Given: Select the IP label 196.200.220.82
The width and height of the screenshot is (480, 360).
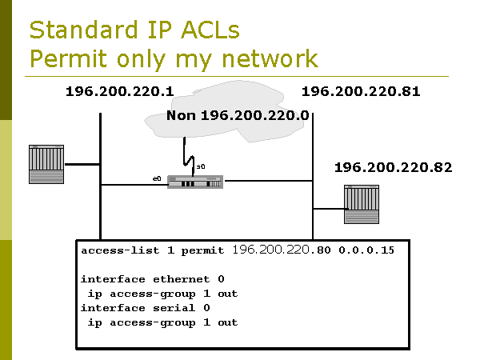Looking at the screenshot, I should click(x=393, y=167).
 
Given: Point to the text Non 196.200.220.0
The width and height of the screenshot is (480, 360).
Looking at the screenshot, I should click(x=238, y=116).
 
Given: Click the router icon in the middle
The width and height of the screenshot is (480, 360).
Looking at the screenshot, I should click(x=194, y=182).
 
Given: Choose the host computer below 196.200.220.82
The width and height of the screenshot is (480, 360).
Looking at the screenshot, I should click(x=361, y=205).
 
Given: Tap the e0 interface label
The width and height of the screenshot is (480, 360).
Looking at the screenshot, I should click(x=158, y=175).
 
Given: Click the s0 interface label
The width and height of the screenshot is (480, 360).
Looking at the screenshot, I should click(x=201, y=166).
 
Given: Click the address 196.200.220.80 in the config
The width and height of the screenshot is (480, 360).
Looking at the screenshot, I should click(x=281, y=250).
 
